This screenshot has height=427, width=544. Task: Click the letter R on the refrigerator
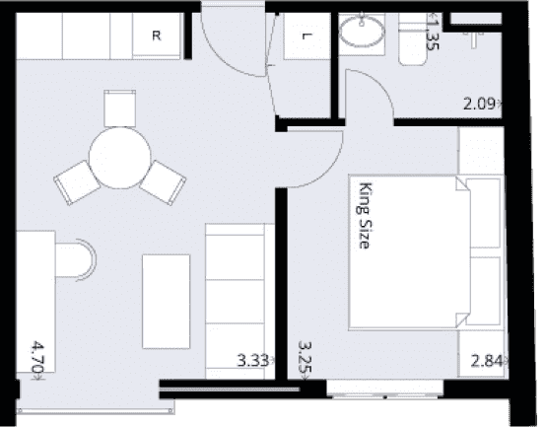[157, 36]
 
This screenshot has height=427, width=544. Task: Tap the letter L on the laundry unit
[306, 36]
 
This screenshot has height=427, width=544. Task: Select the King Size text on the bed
[365, 216]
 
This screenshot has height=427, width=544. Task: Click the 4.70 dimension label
[37, 360]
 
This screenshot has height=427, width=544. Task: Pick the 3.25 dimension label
[305, 360]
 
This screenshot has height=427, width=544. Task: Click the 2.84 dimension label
[488, 361]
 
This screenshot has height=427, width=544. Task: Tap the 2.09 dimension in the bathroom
[481, 104]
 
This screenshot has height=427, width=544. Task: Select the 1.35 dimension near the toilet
[433, 32]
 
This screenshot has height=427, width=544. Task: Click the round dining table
[119, 158]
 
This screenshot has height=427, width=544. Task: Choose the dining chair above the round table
[119, 108]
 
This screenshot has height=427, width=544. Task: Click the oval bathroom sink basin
[362, 32]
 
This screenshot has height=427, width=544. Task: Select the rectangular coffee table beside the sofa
[167, 302]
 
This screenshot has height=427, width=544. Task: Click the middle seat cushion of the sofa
[235, 301]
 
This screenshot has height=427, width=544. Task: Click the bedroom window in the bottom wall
[385, 389]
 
